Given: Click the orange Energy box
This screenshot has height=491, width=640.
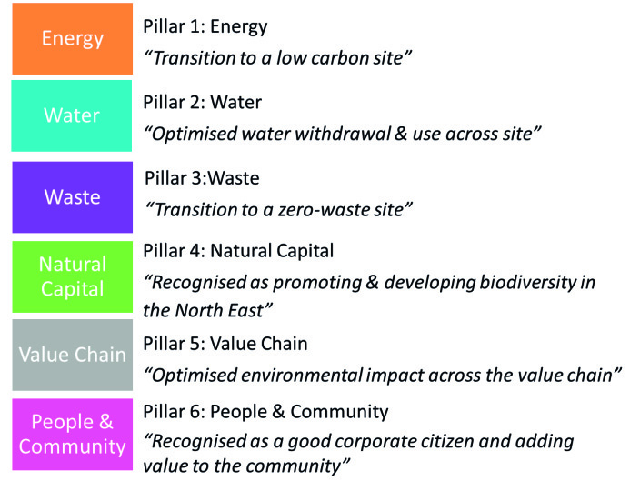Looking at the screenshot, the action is tap(72, 39).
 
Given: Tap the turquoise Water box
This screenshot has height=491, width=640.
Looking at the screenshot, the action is tap(72, 115).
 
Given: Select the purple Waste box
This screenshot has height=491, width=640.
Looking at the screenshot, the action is tap(72, 197).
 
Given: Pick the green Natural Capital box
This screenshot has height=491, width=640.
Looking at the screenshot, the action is tap(72, 276).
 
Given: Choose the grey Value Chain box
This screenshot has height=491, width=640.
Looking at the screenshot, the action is tap(72, 356).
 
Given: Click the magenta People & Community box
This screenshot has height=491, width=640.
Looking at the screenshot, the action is tap(72, 435).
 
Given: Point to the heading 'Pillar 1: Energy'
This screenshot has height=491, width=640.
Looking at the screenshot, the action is tap(205, 27).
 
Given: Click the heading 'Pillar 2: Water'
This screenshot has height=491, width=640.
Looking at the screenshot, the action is tap(202, 103).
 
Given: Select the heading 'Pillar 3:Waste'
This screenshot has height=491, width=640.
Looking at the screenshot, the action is tap(202, 178).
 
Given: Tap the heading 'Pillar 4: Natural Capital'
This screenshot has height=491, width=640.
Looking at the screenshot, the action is tap(238, 252).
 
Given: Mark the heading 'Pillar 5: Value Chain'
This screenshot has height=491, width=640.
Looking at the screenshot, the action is tap(225, 344).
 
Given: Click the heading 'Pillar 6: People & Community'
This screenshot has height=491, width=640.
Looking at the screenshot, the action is tap(265, 412).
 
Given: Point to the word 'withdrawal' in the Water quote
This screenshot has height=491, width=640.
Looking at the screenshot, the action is tap(343, 134).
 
